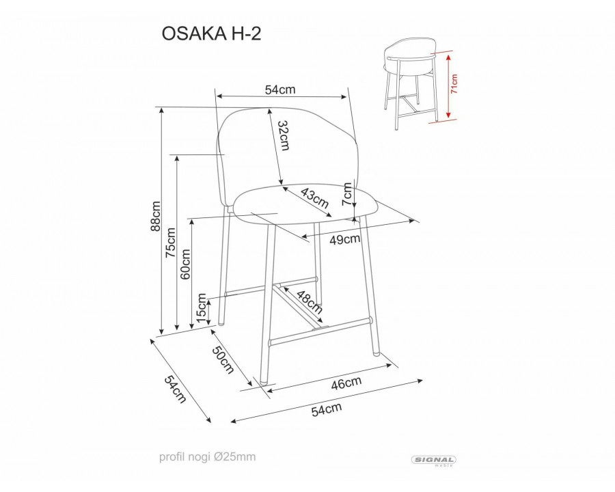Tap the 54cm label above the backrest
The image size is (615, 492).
[279, 90]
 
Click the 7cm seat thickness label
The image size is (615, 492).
[348, 194]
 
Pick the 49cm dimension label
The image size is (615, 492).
[345, 239]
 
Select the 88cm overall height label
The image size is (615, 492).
[155, 217]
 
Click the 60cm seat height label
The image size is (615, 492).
[186, 262]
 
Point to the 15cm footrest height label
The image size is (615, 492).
[201, 309]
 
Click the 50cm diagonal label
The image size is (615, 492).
[223, 360]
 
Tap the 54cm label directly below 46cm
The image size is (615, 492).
[326, 410]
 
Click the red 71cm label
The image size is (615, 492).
[454, 84]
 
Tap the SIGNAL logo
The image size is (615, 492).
[435, 461]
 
